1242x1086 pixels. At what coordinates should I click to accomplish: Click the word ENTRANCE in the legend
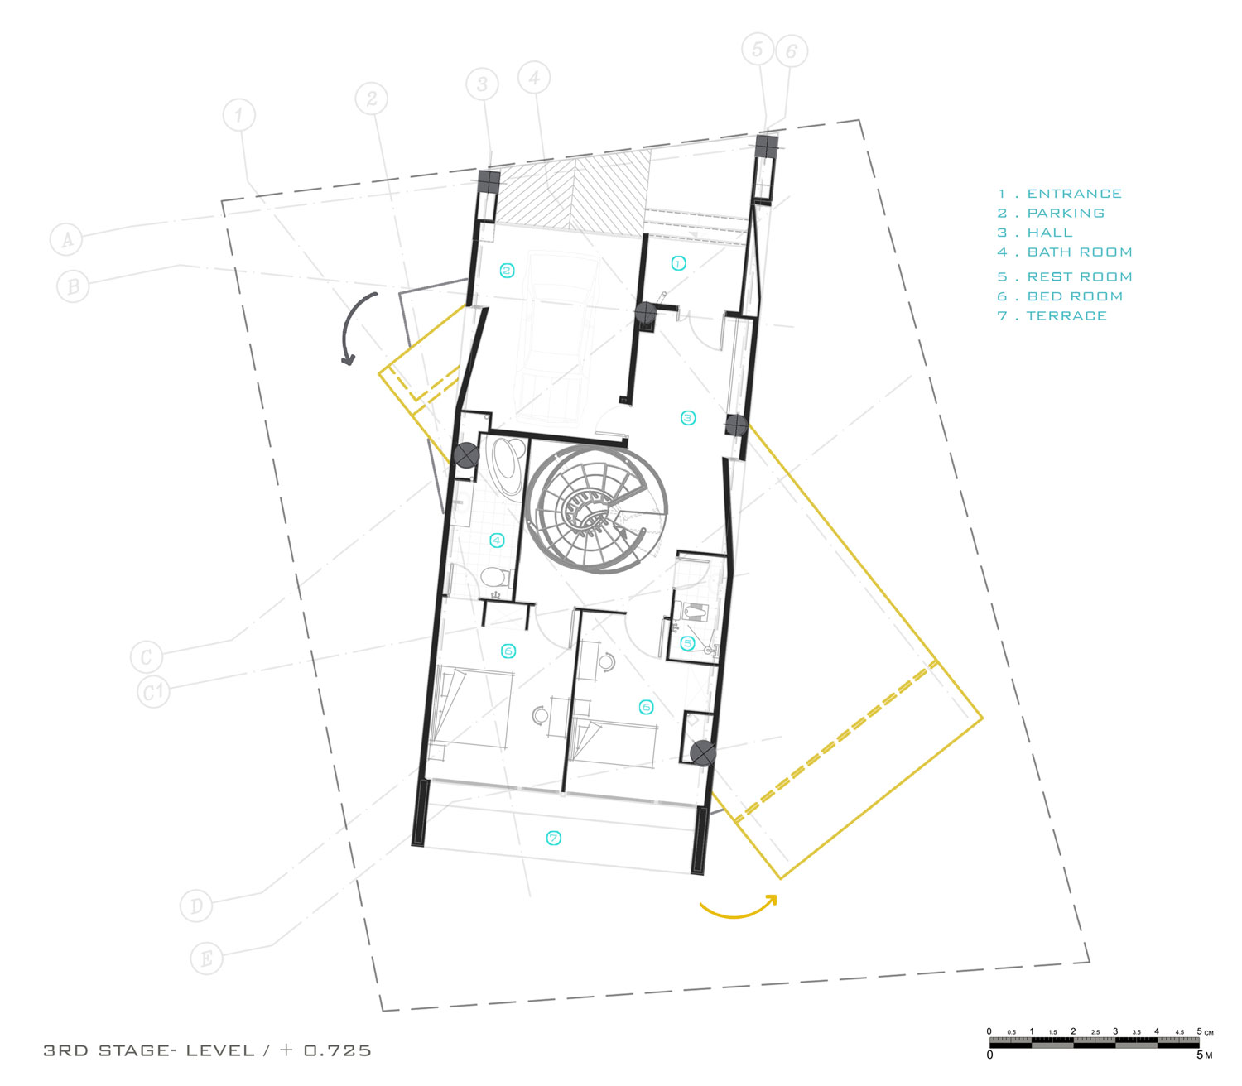(x=1074, y=194)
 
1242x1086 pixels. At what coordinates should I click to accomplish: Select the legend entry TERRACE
(x=1066, y=315)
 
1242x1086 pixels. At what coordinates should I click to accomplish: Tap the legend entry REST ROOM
(x=1080, y=276)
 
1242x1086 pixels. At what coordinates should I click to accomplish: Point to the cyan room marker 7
(x=553, y=838)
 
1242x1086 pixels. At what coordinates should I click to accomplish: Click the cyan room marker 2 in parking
(x=507, y=271)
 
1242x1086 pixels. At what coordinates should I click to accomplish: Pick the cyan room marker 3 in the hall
(x=687, y=417)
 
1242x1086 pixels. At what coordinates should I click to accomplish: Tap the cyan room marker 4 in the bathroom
(x=497, y=540)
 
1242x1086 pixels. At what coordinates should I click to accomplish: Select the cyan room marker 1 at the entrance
(x=678, y=263)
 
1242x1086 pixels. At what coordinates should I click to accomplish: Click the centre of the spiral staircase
(x=588, y=510)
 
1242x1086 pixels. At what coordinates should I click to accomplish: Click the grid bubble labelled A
(x=66, y=238)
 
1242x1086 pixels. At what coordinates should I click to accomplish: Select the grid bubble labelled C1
(x=153, y=692)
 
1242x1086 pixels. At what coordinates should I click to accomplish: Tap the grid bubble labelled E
(x=206, y=958)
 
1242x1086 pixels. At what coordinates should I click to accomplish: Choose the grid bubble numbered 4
(x=534, y=78)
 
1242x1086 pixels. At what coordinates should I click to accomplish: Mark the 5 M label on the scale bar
(x=1204, y=1055)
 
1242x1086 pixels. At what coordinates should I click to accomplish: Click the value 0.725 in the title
(x=337, y=1050)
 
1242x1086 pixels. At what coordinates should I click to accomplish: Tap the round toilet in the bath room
(x=490, y=576)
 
